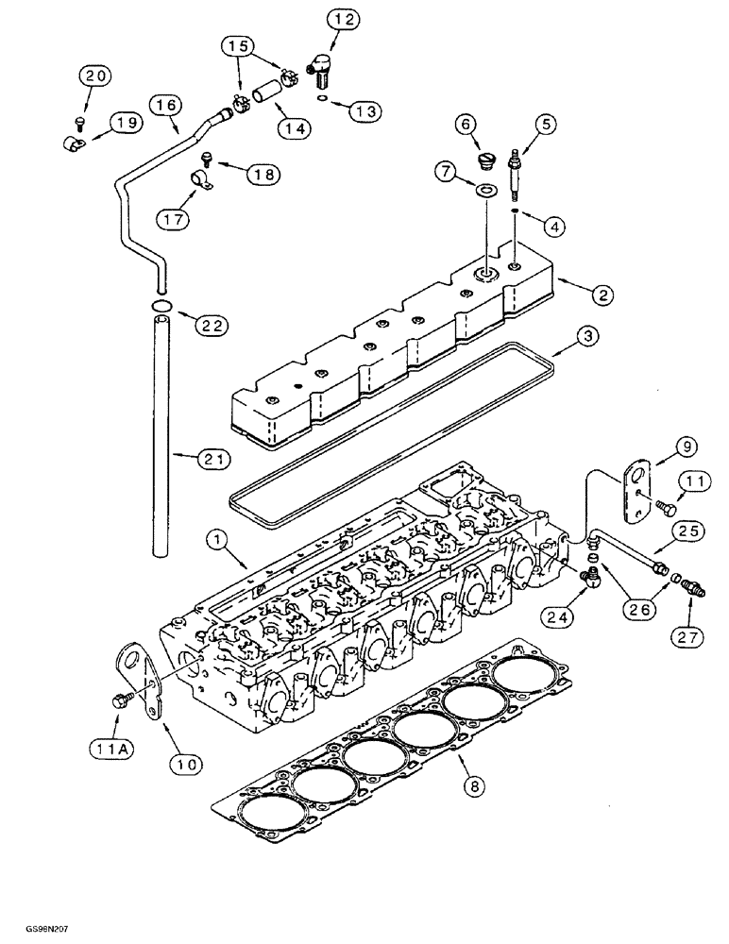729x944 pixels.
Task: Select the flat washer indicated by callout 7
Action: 487,193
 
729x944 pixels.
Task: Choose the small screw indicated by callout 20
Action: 80,121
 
